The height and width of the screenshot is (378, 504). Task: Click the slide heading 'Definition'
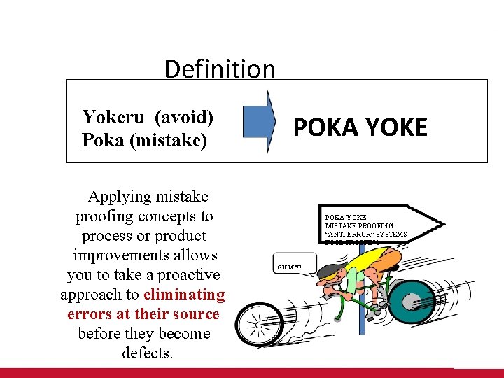tap(220, 69)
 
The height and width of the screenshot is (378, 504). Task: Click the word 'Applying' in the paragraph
tap(119, 197)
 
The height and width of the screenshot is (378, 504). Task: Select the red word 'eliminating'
tap(184, 295)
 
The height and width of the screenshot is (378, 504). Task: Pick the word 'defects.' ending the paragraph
tap(147, 353)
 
